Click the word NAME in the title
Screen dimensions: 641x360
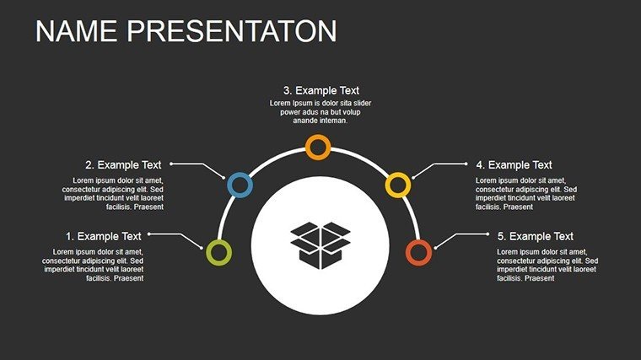[76, 31]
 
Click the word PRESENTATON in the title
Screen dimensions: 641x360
[232, 31]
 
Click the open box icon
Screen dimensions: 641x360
[320, 245]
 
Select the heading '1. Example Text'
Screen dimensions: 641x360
[104, 236]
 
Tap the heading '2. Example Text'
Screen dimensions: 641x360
[123, 164]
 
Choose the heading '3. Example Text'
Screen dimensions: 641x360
[321, 90]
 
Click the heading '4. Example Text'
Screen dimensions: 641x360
[514, 164]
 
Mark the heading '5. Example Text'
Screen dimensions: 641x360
[536, 236]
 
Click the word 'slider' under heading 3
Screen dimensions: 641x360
[362, 103]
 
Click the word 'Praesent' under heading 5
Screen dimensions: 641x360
[539, 278]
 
